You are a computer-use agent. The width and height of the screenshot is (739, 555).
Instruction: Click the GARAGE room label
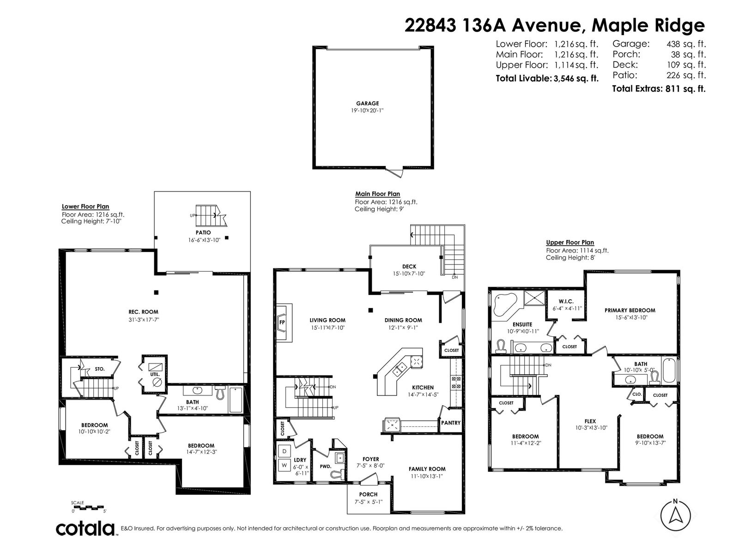[367, 104]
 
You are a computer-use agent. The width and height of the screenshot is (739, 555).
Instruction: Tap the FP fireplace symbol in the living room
[282, 322]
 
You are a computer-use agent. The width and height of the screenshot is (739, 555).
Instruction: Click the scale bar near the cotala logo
[88, 507]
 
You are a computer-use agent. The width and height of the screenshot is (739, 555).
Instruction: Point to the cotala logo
[85, 528]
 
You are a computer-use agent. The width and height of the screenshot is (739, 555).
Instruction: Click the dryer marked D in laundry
[285, 451]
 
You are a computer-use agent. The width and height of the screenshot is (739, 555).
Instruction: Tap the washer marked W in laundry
[285, 465]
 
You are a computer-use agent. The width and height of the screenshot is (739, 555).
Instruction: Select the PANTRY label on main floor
[450, 423]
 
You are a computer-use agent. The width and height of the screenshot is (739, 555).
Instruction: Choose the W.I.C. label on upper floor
[566, 301]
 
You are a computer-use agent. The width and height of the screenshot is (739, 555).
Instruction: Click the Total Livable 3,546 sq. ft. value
[576, 79]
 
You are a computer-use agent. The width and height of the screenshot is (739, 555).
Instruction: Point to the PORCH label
[368, 494]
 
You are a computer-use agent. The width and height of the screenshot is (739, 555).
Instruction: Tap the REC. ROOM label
[143, 312]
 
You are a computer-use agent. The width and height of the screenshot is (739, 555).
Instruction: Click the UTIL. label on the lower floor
[155, 374]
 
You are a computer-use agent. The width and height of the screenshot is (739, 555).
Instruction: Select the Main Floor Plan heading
[377, 194]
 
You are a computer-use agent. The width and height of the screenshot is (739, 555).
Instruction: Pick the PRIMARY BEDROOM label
[630, 310]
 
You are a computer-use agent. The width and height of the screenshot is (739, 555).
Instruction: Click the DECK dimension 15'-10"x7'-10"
[409, 274]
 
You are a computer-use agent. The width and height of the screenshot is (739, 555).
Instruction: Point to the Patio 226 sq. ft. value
[686, 75]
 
